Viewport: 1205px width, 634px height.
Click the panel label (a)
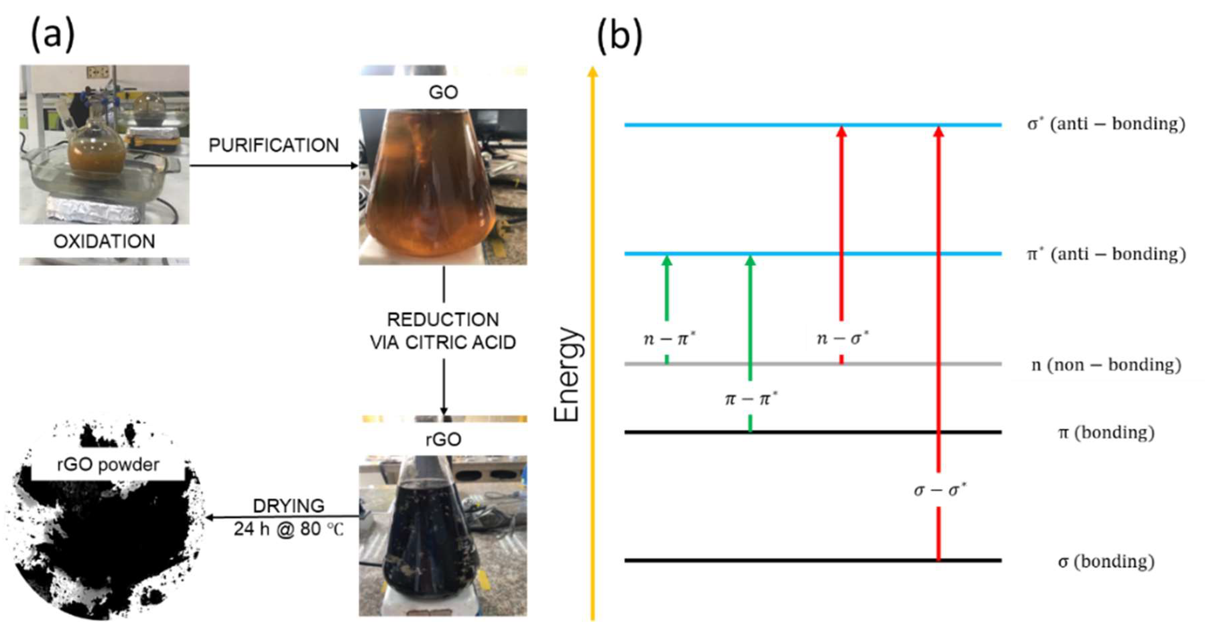click(52, 35)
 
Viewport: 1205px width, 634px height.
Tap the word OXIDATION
click(104, 241)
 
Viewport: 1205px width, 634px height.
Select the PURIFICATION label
click(274, 145)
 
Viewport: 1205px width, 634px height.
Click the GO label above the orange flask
click(443, 92)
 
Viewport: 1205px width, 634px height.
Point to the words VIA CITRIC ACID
click(443, 342)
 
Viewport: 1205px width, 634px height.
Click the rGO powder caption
click(108, 465)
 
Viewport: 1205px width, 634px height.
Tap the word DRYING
click(289, 506)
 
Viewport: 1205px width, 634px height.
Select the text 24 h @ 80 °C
click(289, 529)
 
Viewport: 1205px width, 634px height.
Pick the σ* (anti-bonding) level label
click(1106, 124)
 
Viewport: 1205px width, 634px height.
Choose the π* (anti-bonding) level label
click(1106, 254)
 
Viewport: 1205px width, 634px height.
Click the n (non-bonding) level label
click(1106, 365)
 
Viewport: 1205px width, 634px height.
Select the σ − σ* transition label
click(940, 490)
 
